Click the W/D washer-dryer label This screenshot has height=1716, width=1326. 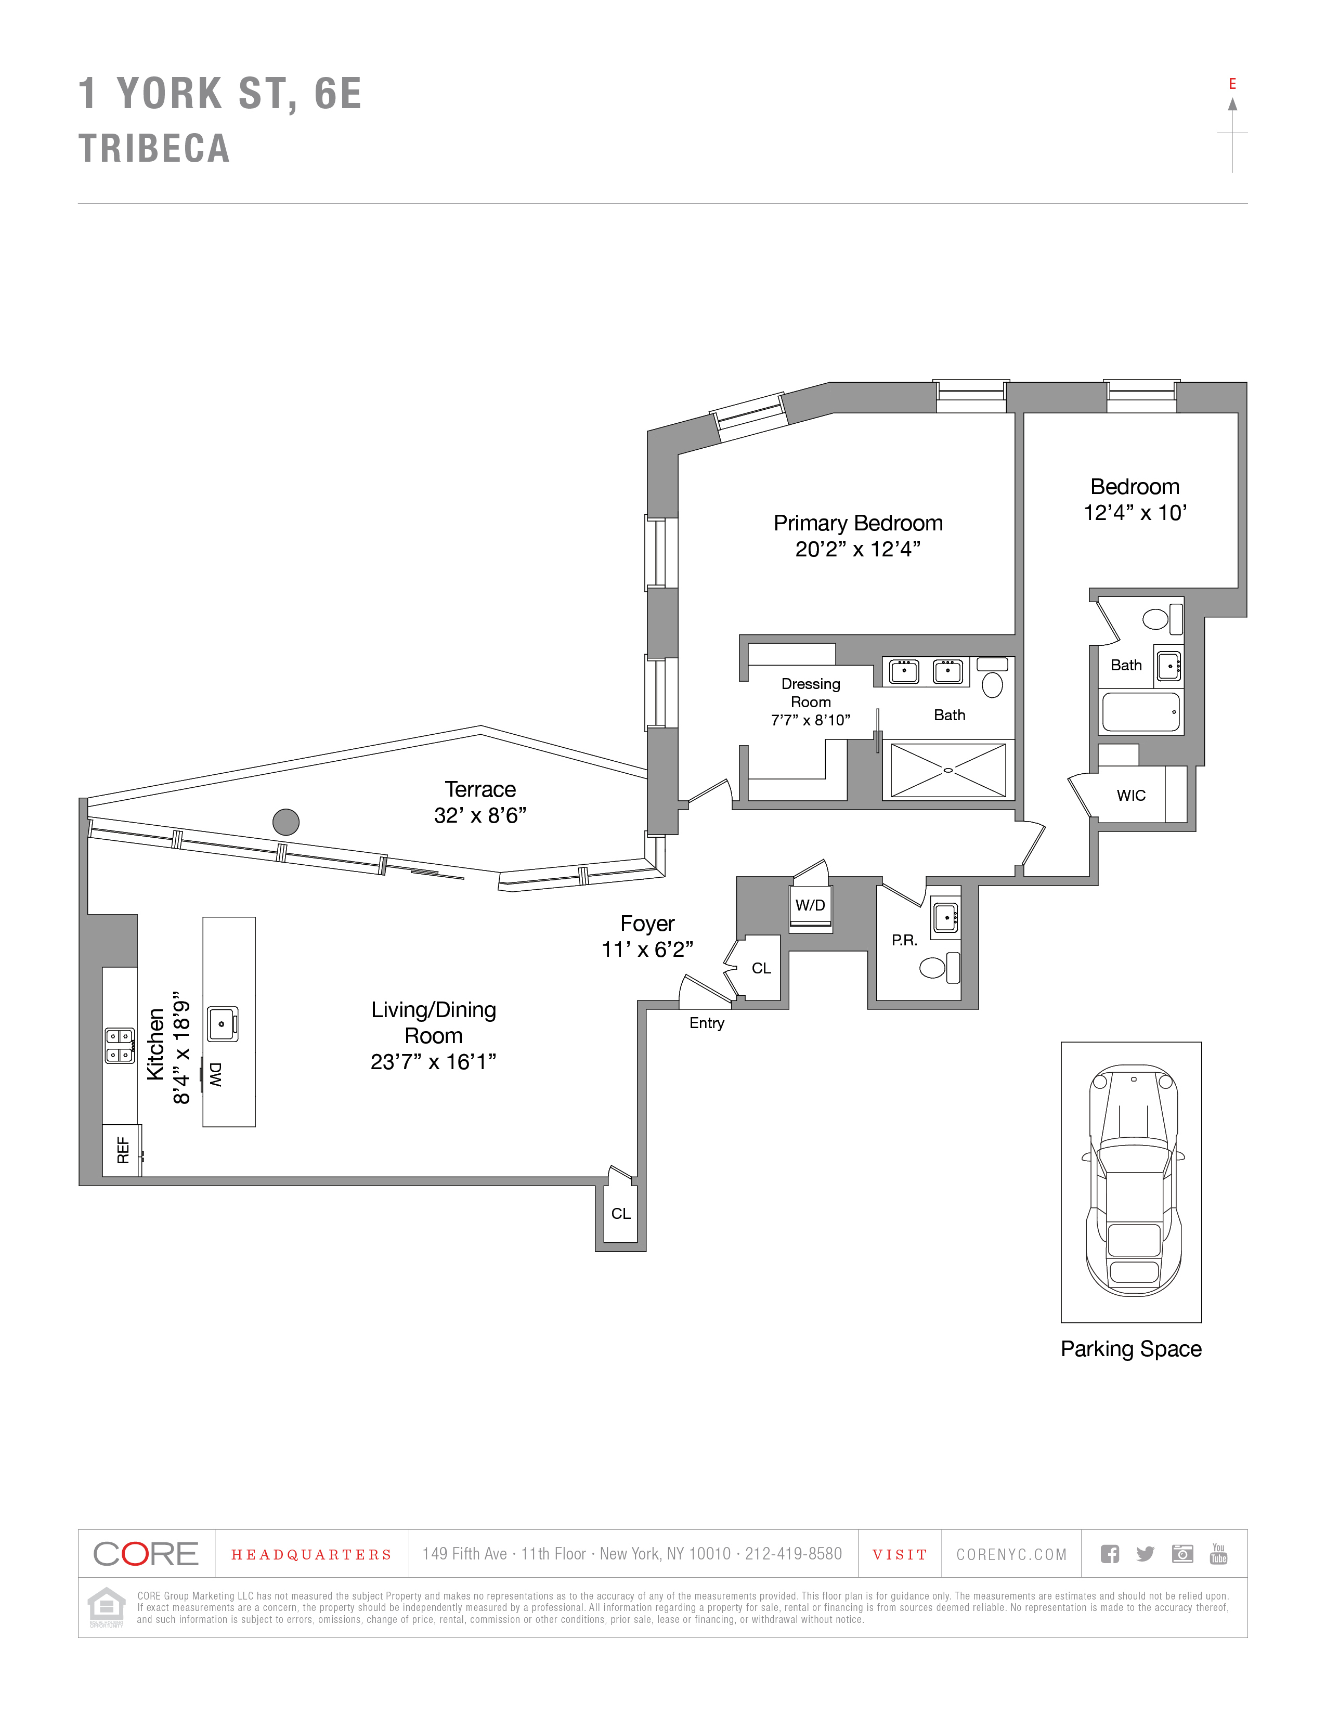[810, 905]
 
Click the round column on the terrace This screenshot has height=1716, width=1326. [286, 822]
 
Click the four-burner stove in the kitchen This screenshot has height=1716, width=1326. [120, 1046]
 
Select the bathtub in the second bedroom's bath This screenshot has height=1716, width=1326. [1140, 712]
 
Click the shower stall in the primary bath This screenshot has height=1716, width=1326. [948, 770]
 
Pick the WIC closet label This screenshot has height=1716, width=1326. [1130, 795]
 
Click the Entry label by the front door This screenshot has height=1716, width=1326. [706, 1023]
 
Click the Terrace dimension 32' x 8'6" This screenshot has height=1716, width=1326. [480, 815]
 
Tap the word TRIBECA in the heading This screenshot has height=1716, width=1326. [154, 149]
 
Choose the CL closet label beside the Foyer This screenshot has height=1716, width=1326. [760, 968]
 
